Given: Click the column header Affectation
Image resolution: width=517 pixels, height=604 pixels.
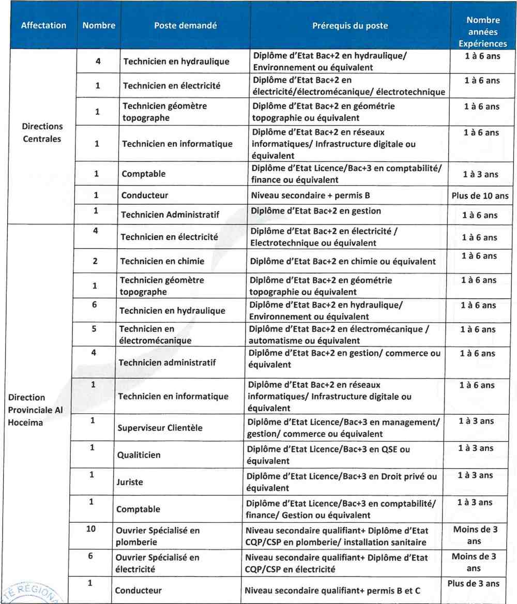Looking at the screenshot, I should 43,25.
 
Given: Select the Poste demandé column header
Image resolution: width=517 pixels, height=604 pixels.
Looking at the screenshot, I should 185,25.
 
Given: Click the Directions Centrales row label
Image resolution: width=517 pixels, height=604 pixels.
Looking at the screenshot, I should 43,132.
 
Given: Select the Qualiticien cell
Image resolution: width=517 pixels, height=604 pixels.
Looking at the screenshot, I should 139,455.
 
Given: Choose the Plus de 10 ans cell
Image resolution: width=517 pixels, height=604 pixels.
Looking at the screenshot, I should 480,196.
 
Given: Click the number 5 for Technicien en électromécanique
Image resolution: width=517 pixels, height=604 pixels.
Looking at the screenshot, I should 94,329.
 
